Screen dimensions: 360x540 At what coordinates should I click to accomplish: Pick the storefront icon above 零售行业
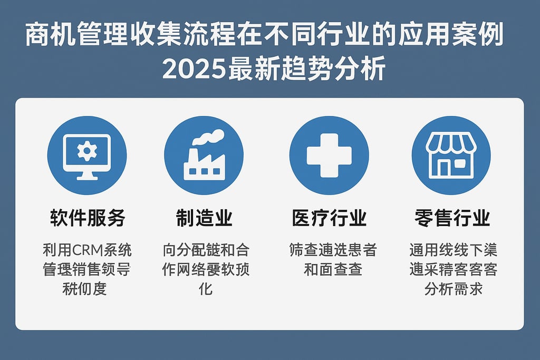coord(451,155)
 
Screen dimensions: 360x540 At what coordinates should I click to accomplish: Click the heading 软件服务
coord(88,218)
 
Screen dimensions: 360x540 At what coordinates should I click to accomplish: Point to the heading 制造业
coord(204,218)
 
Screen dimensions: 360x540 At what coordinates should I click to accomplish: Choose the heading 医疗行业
coord(330,218)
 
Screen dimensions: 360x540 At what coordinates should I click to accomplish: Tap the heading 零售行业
coord(453,218)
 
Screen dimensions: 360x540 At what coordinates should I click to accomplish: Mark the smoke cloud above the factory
coord(208,137)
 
